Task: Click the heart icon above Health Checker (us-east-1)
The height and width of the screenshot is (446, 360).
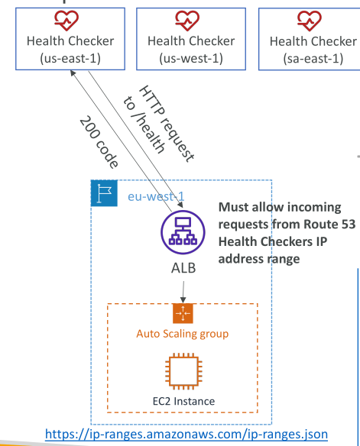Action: point(66,21)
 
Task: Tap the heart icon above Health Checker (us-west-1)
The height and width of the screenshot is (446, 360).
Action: point(187,21)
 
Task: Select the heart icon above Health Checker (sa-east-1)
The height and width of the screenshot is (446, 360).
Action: point(310,21)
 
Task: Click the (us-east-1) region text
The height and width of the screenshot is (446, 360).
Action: point(70,58)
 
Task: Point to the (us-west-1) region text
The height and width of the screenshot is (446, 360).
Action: point(191,58)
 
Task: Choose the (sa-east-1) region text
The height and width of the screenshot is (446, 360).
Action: point(313,59)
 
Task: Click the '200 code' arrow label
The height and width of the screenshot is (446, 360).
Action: point(99,141)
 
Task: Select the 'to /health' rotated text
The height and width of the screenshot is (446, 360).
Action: point(144,125)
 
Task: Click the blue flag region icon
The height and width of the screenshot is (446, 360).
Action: point(104,193)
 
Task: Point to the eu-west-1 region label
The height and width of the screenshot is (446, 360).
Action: point(156,196)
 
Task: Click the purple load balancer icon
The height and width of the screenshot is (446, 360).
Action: point(183,232)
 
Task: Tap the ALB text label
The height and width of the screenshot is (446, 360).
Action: point(183,268)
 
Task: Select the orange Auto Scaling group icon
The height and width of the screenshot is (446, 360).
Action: point(183,313)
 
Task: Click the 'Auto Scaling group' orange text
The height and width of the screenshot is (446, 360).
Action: point(183,334)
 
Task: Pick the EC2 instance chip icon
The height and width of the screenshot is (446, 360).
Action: point(183,371)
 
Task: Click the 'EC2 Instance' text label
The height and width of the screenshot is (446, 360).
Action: point(184,401)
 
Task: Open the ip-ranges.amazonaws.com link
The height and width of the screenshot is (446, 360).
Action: point(186,435)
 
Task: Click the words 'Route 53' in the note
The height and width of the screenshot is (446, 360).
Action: point(329,224)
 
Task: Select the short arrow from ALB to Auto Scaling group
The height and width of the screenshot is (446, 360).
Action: point(183,292)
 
